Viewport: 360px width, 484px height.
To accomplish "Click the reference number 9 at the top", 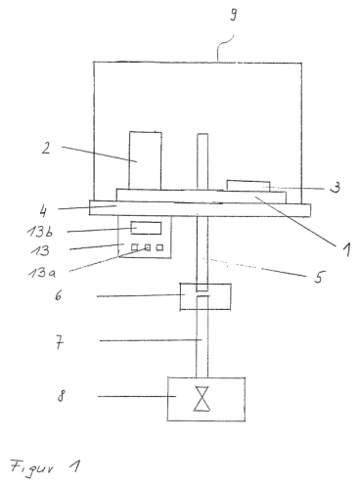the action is tap(234, 15).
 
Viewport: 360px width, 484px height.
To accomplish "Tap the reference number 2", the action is tap(46, 148).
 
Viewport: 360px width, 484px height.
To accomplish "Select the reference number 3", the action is tap(335, 188).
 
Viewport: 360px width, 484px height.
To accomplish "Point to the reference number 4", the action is tap(43, 211).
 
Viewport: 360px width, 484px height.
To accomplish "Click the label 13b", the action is tap(40, 231).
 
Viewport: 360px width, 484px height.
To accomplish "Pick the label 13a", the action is tap(42, 272).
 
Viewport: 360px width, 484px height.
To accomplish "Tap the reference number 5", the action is tap(319, 277).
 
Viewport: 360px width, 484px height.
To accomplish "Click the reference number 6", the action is tap(58, 296).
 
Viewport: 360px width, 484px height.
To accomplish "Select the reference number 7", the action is tap(60, 342).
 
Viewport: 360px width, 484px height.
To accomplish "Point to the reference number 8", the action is tap(61, 396).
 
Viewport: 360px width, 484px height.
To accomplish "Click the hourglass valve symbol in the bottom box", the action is tap(202, 399).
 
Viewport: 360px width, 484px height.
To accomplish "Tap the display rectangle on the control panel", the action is tap(146, 228).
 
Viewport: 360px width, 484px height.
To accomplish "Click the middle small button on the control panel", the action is tap(148, 248).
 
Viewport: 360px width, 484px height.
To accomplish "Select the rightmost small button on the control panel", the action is tap(159, 247).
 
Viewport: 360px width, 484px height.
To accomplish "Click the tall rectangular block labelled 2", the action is tap(145, 160).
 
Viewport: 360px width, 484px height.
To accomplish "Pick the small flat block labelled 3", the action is tap(248, 186).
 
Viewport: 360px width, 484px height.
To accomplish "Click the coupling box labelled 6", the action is tap(205, 296).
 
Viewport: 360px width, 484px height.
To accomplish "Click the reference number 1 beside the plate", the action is tap(346, 249).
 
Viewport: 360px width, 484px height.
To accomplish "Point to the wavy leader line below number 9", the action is tap(224, 47).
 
